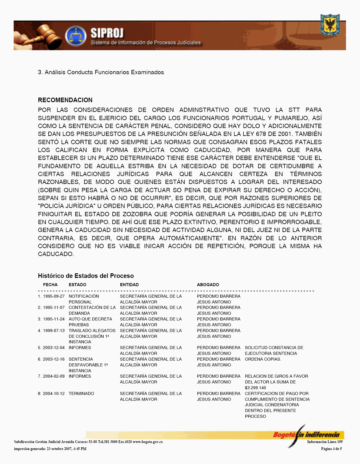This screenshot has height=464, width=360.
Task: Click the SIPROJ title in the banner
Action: tap(107, 33)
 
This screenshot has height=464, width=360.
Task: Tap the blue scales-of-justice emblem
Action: tap(76, 36)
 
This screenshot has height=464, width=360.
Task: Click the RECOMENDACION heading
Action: tap(65, 100)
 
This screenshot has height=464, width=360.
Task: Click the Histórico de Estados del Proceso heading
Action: tap(86, 276)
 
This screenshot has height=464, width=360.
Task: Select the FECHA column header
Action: tap(50, 285)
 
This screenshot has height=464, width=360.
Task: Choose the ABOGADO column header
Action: tap(208, 285)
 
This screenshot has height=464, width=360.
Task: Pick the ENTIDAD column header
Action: tap(129, 285)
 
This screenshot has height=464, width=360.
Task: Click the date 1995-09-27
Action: tap(54, 296)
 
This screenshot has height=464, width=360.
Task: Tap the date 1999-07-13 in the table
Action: tap(54, 331)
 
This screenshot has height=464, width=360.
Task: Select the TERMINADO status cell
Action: tap(81, 393)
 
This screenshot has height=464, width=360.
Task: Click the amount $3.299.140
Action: tap(255, 388)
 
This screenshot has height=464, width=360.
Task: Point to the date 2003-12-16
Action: tap(54, 359)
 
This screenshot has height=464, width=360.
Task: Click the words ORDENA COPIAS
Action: tap(263, 359)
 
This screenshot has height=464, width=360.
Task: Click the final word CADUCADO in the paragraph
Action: tap(56, 254)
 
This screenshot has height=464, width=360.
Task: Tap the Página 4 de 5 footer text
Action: tap(331, 449)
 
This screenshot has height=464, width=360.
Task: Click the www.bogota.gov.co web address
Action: tap(148, 442)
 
